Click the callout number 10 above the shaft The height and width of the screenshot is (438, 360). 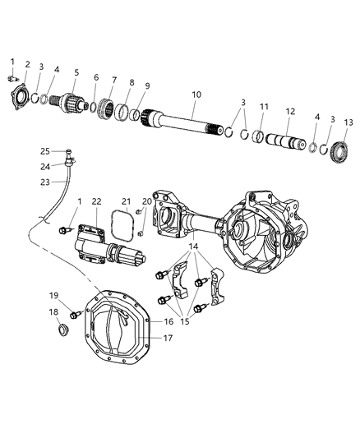point(196,95)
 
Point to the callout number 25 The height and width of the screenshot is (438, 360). point(45,150)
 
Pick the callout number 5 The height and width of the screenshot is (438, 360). point(76,73)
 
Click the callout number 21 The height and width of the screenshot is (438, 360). point(126,201)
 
